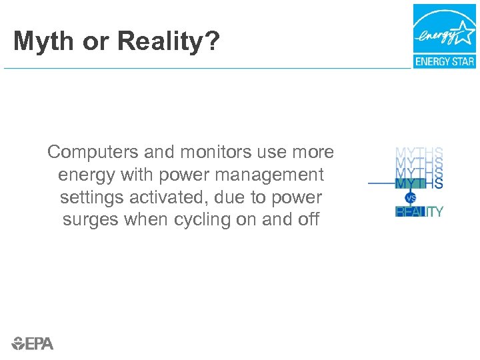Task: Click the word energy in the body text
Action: [x=82, y=175]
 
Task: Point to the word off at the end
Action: [x=308, y=219]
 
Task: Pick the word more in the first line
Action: [x=313, y=152]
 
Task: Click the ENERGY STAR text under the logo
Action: [x=445, y=62]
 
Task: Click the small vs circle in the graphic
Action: [x=411, y=198]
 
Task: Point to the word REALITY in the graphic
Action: [x=419, y=212]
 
